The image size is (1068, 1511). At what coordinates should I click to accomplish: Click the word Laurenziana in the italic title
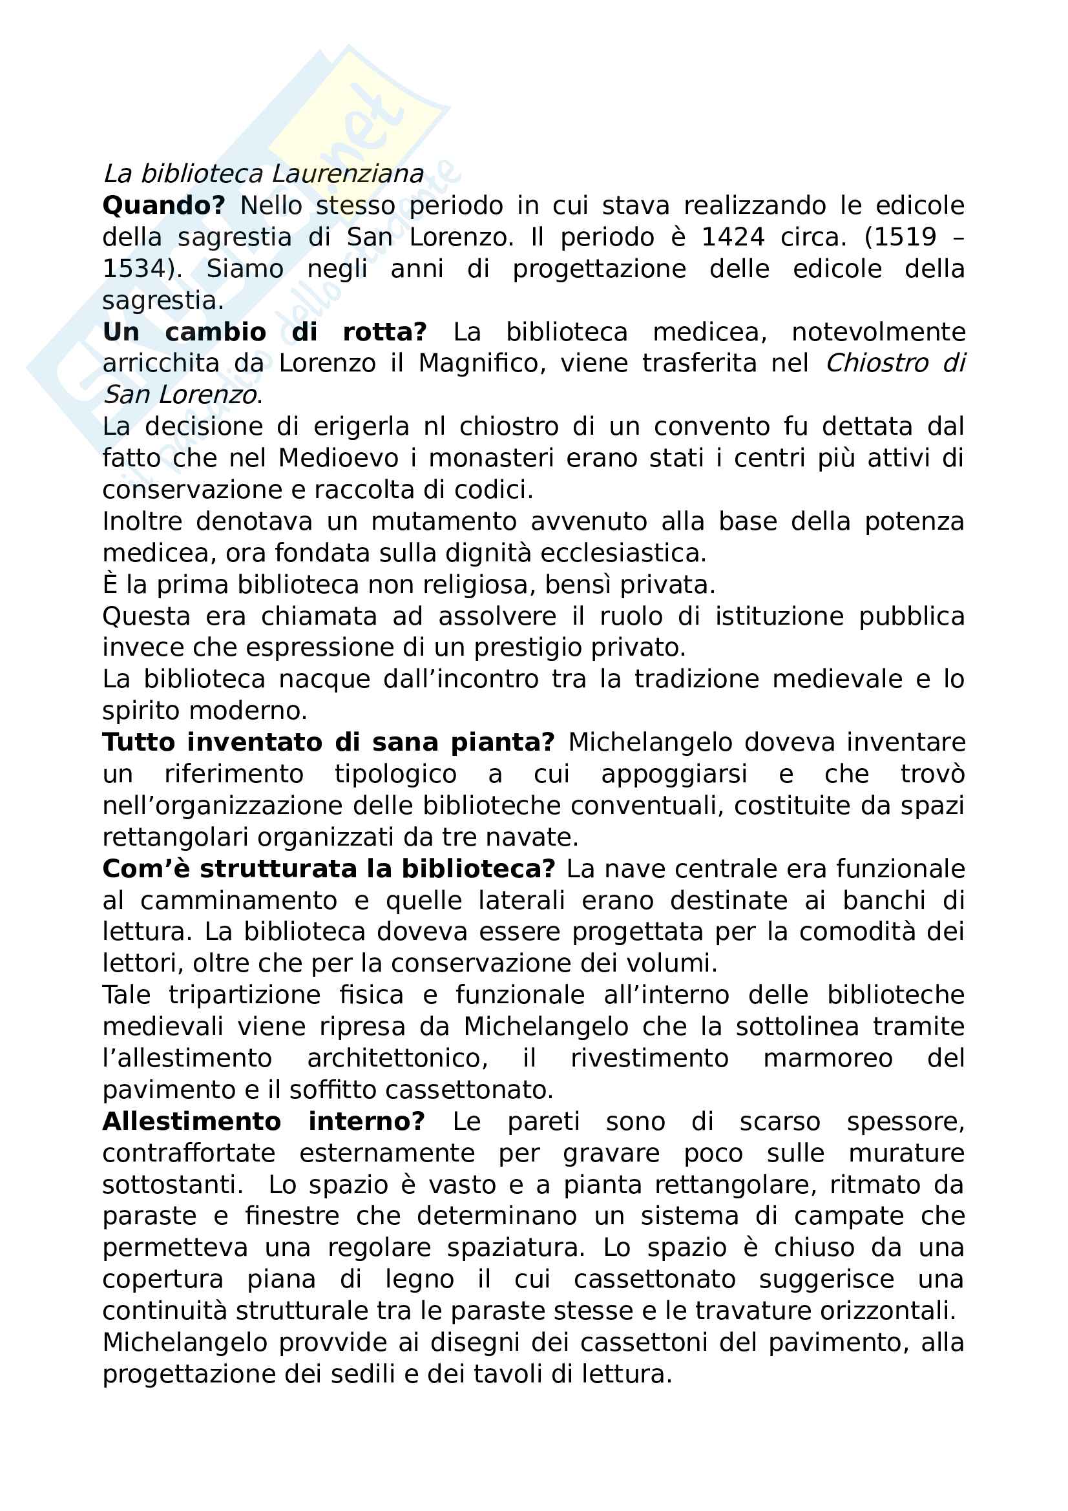click(x=348, y=174)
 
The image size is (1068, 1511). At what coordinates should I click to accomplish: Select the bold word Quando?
click(x=164, y=206)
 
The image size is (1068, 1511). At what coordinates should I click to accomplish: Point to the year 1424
click(x=733, y=238)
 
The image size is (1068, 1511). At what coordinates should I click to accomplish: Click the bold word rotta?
click(x=385, y=332)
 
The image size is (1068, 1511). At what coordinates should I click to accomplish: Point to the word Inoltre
click(x=142, y=522)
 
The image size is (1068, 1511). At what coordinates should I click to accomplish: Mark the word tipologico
click(x=395, y=775)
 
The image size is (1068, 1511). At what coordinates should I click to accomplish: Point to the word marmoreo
click(x=828, y=1059)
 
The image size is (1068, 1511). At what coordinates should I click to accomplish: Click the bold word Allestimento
click(x=191, y=1122)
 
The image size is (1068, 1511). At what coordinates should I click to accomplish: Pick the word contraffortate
click(x=189, y=1154)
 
